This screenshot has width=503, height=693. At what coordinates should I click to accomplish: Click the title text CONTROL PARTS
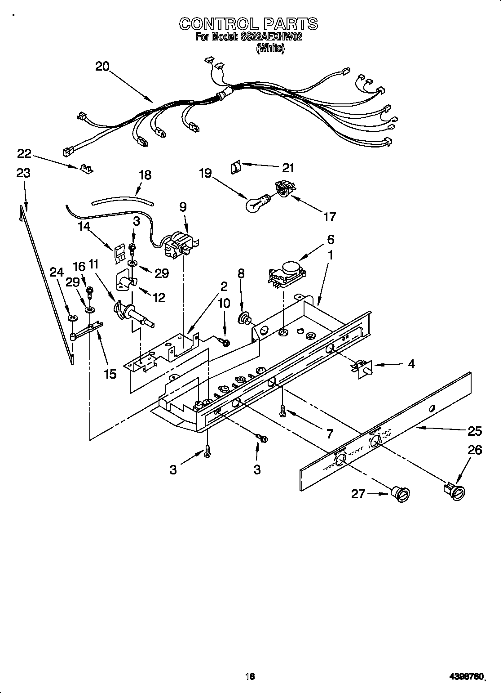click(248, 23)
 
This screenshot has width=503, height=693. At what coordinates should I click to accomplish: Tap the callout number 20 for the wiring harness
click(102, 67)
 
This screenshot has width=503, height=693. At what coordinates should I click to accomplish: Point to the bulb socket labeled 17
click(282, 188)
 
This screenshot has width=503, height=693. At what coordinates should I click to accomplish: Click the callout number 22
click(24, 154)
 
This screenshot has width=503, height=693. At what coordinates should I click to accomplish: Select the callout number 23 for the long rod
click(23, 173)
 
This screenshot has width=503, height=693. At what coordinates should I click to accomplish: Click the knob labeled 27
click(401, 494)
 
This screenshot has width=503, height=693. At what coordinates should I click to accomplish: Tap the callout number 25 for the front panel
click(474, 431)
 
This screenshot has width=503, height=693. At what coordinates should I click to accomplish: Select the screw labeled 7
click(283, 410)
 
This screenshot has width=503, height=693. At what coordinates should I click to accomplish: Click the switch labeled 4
click(362, 367)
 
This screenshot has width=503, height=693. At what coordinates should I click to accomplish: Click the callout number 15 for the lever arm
click(110, 373)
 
